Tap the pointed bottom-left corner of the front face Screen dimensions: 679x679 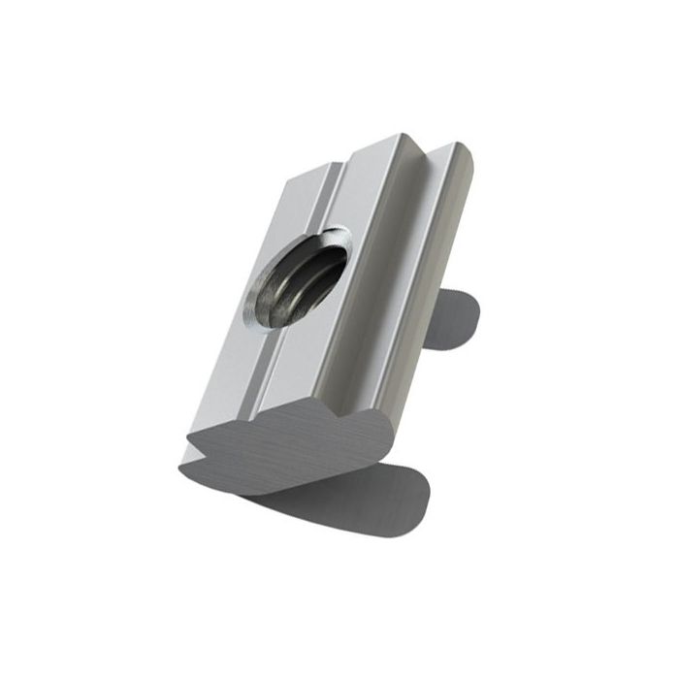coord(181,471)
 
